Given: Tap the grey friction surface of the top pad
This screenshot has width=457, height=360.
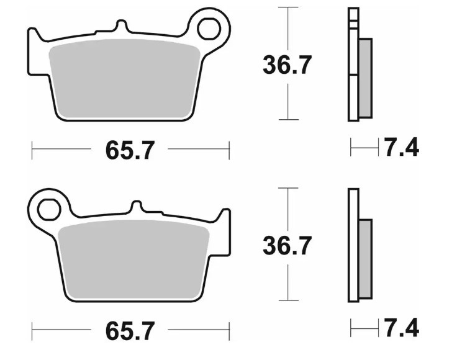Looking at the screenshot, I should (x=127, y=81).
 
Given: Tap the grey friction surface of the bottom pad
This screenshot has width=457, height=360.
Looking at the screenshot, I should (x=133, y=261).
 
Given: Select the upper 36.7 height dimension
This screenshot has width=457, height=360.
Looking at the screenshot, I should (x=286, y=65).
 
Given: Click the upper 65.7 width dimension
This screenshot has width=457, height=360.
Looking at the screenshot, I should (x=129, y=150).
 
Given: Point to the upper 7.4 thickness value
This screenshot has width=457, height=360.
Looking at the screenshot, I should (x=401, y=148).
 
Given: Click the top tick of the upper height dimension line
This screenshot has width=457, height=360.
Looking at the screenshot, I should (x=286, y=7).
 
